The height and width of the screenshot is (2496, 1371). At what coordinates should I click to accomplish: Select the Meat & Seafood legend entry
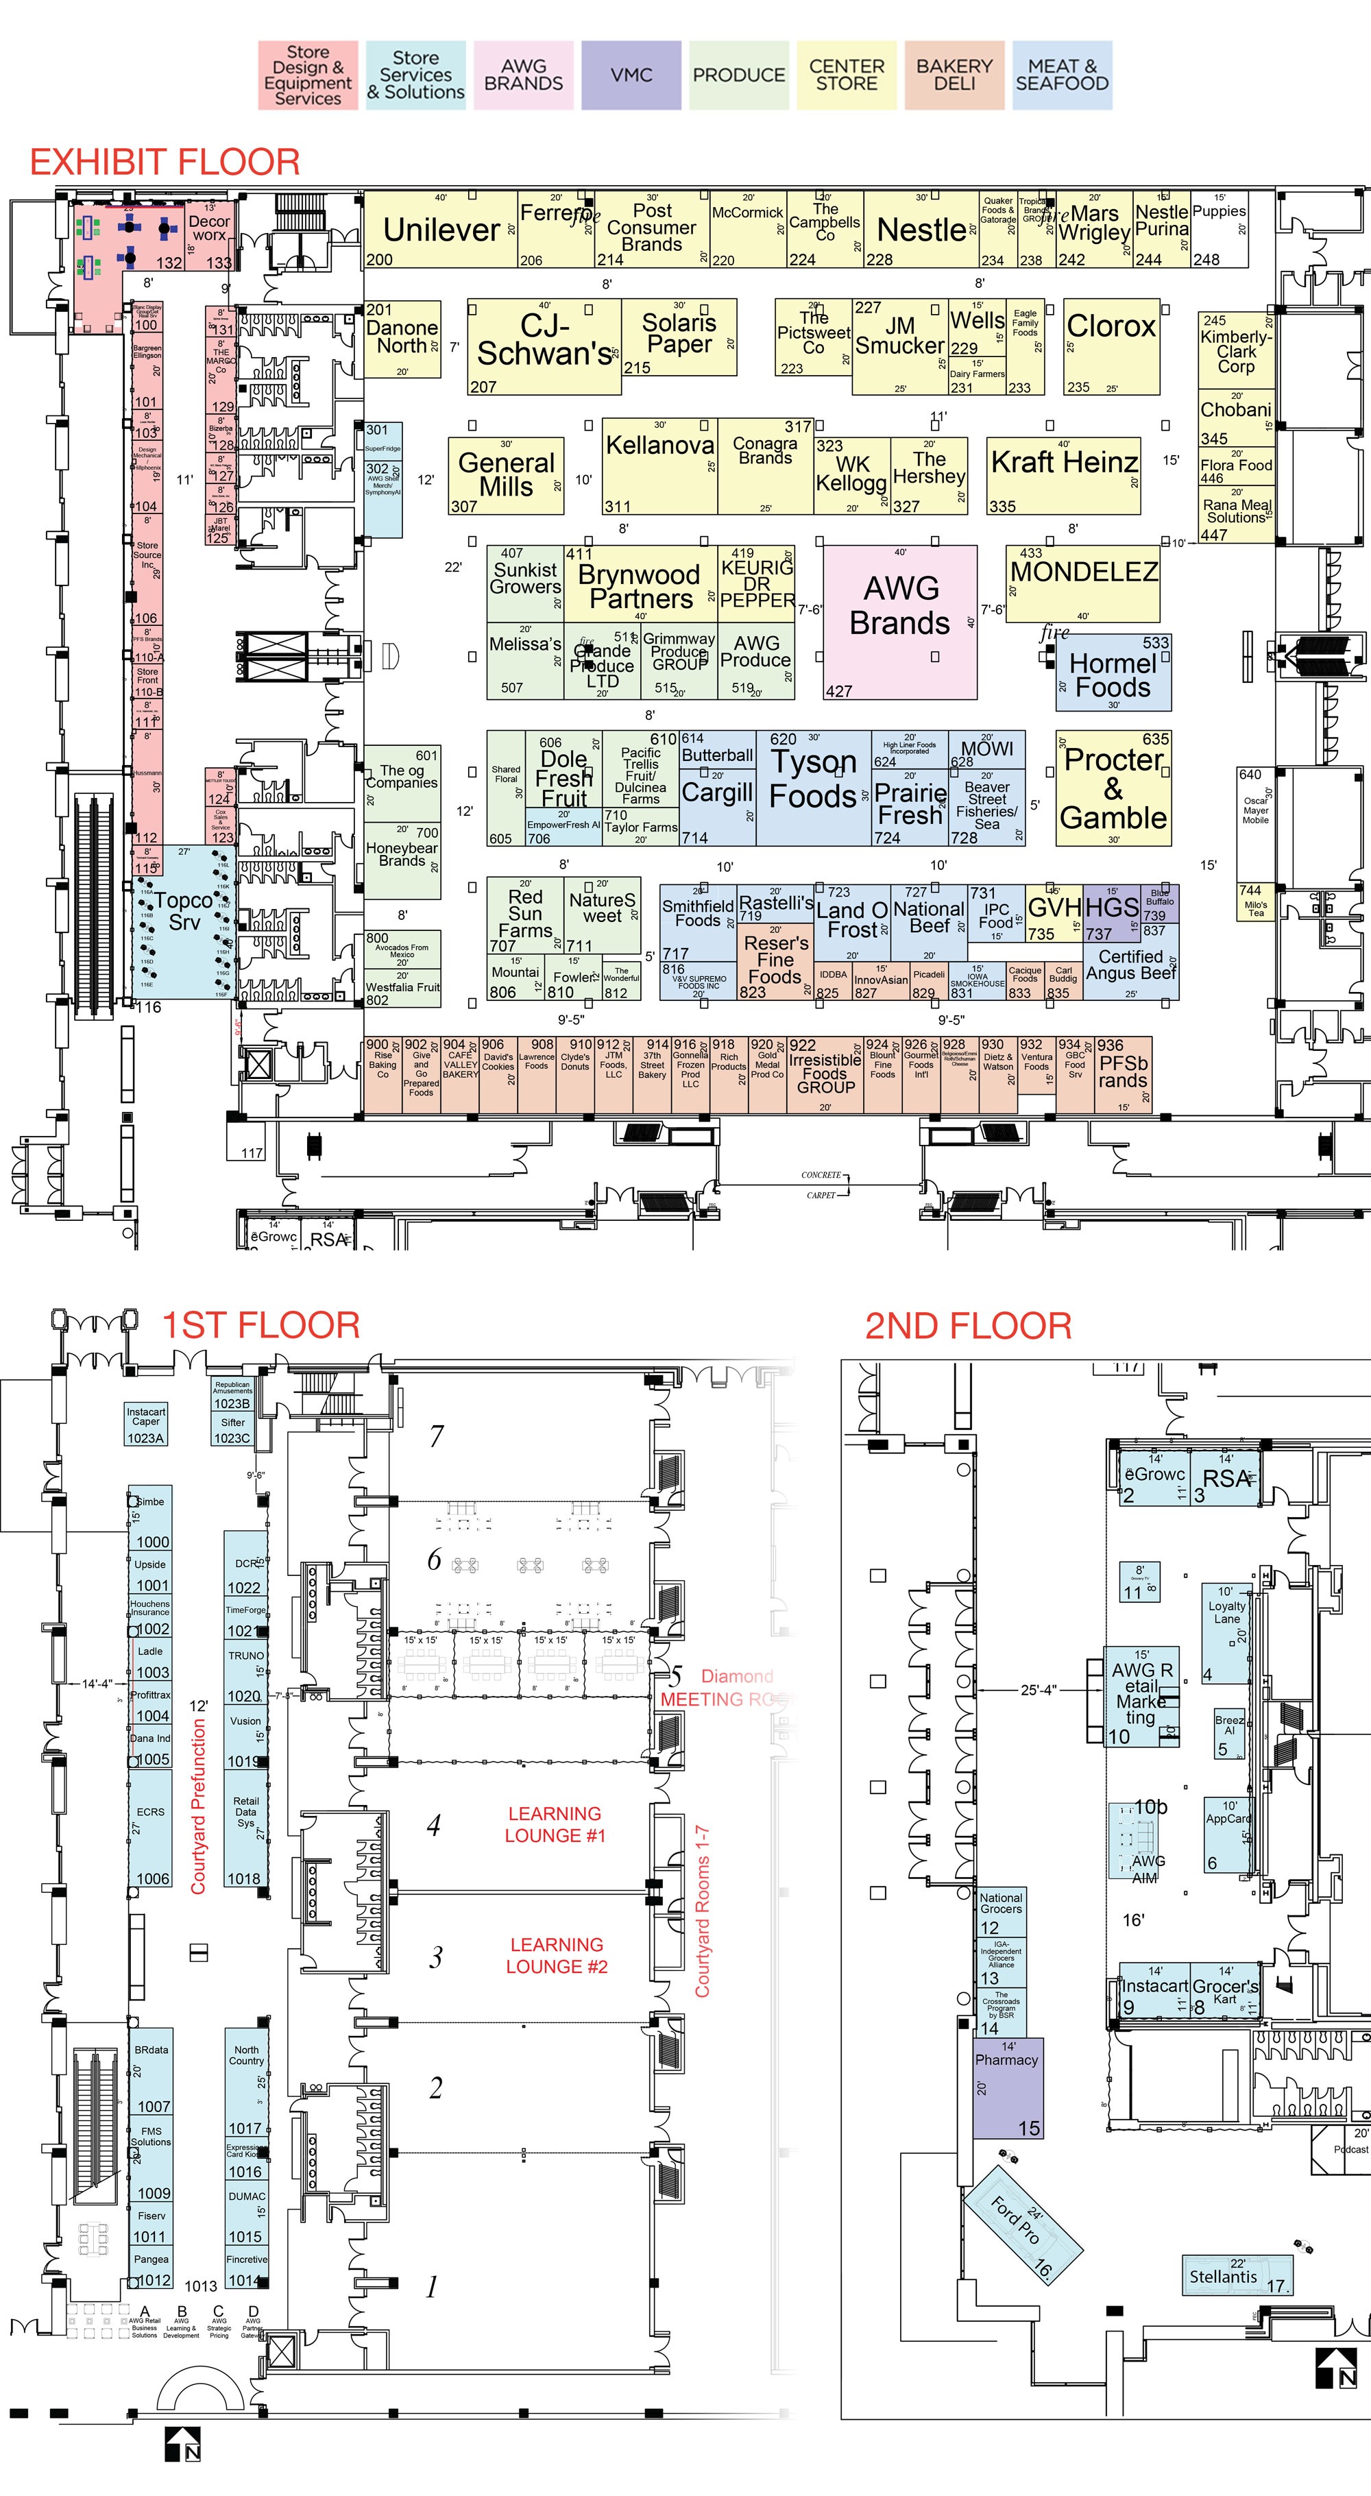click(x=1062, y=75)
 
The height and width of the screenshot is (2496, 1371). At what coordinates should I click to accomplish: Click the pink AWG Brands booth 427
click(x=900, y=620)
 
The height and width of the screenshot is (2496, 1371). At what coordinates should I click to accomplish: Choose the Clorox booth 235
click(x=1111, y=345)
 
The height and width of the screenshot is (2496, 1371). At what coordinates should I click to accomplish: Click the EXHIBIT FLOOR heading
click(x=165, y=162)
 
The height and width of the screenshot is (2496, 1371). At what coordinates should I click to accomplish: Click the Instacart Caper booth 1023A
click(x=145, y=1423)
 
